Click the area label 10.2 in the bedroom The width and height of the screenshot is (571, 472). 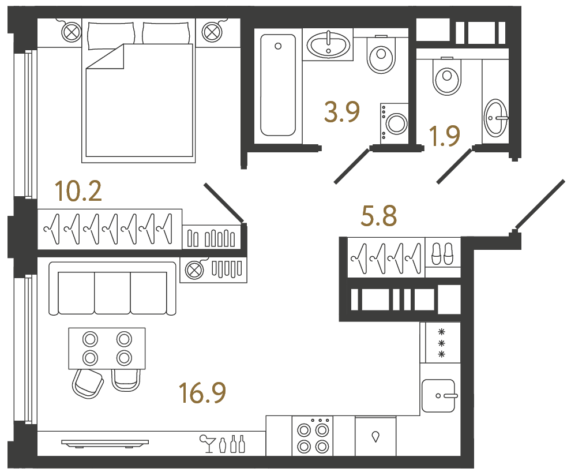coord(78,190)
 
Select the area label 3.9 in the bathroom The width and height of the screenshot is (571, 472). coord(342,113)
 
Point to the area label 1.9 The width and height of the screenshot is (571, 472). coord(444,137)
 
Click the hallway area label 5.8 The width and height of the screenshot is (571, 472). coord(378,218)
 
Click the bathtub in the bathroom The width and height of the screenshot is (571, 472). coord(278,85)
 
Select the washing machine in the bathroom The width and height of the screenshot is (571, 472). coord(395,122)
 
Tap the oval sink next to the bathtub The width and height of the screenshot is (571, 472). coord(328,45)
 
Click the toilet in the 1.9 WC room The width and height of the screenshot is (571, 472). coord(448,77)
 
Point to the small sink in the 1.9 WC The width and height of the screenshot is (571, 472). coord(495,118)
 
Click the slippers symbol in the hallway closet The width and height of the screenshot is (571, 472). coord(442,253)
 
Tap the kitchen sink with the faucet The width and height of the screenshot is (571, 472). coord(439,395)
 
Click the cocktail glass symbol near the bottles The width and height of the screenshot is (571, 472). coord(206,443)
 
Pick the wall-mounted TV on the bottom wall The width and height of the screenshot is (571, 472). coord(104,443)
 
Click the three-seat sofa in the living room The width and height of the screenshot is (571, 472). coord(112,288)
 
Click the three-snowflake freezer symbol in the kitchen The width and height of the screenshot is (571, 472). coord(442,342)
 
